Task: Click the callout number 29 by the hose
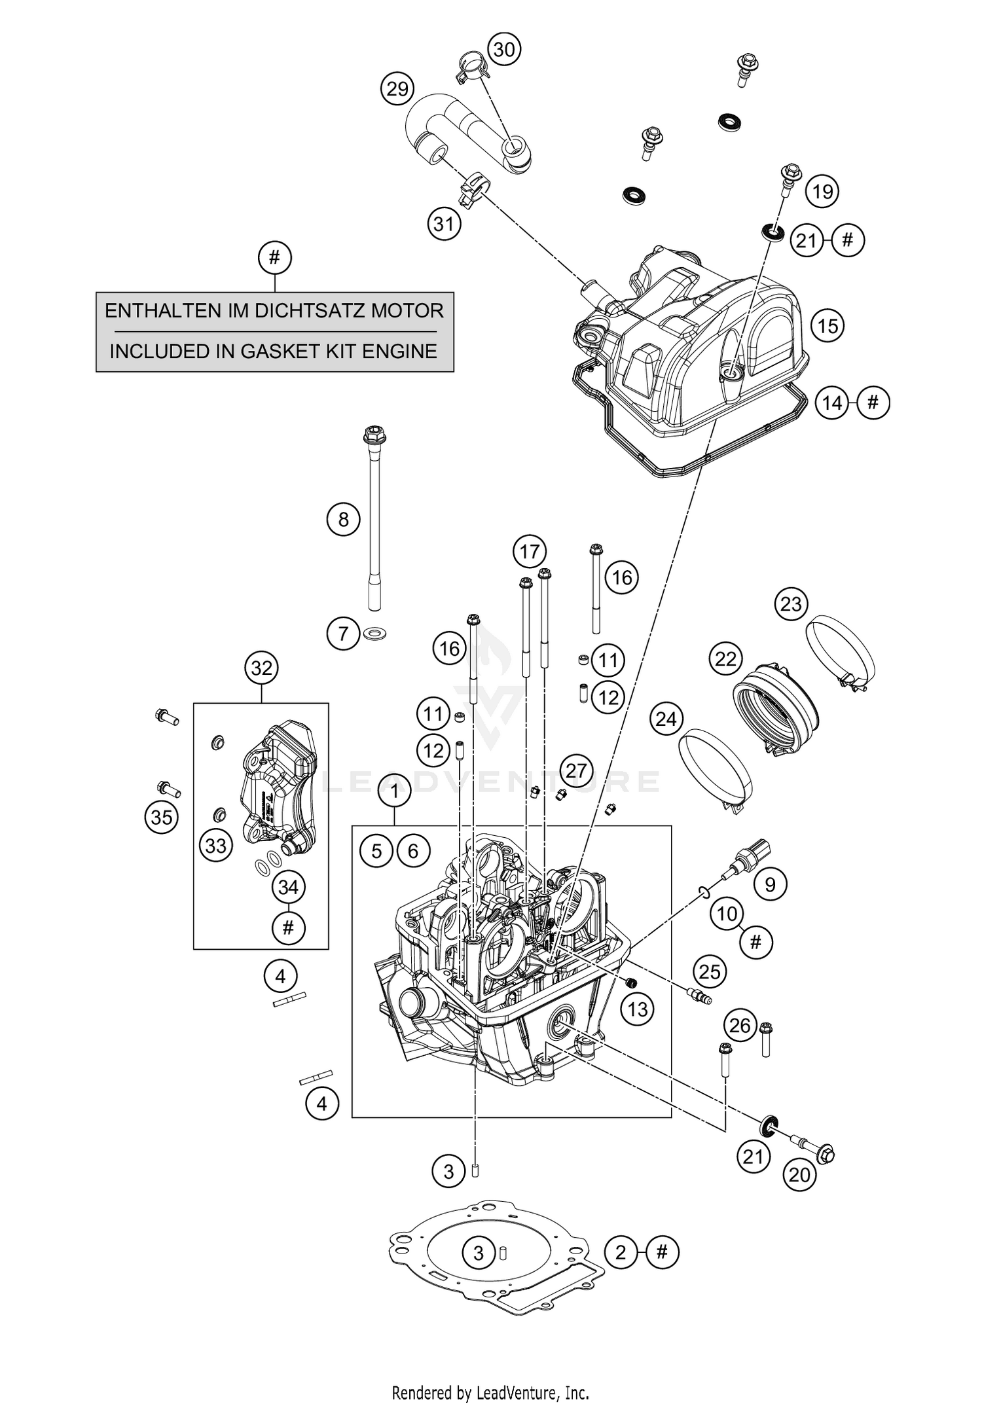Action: pos(397,88)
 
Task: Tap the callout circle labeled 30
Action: pos(504,49)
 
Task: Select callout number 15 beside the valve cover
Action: pos(827,325)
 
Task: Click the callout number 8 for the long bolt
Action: pos(344,520)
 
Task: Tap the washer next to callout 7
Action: pos(374,633)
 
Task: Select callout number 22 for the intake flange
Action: pos(725,658)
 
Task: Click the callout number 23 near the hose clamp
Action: pos(791,604)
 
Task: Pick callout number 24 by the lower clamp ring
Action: pos(666,719)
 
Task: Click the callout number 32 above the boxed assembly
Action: pos(261,668)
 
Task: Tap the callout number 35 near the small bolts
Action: pos(162,817)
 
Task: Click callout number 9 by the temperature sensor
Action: pos(770,885)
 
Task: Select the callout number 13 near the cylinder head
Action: pos(637,1009)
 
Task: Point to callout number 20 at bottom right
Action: pos(799,1175)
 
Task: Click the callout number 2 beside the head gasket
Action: pos(621,1253)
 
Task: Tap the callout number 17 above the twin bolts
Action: pos(530,552)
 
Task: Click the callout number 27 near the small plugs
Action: pos(576,770)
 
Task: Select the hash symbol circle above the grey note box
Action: pos(274,258)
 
